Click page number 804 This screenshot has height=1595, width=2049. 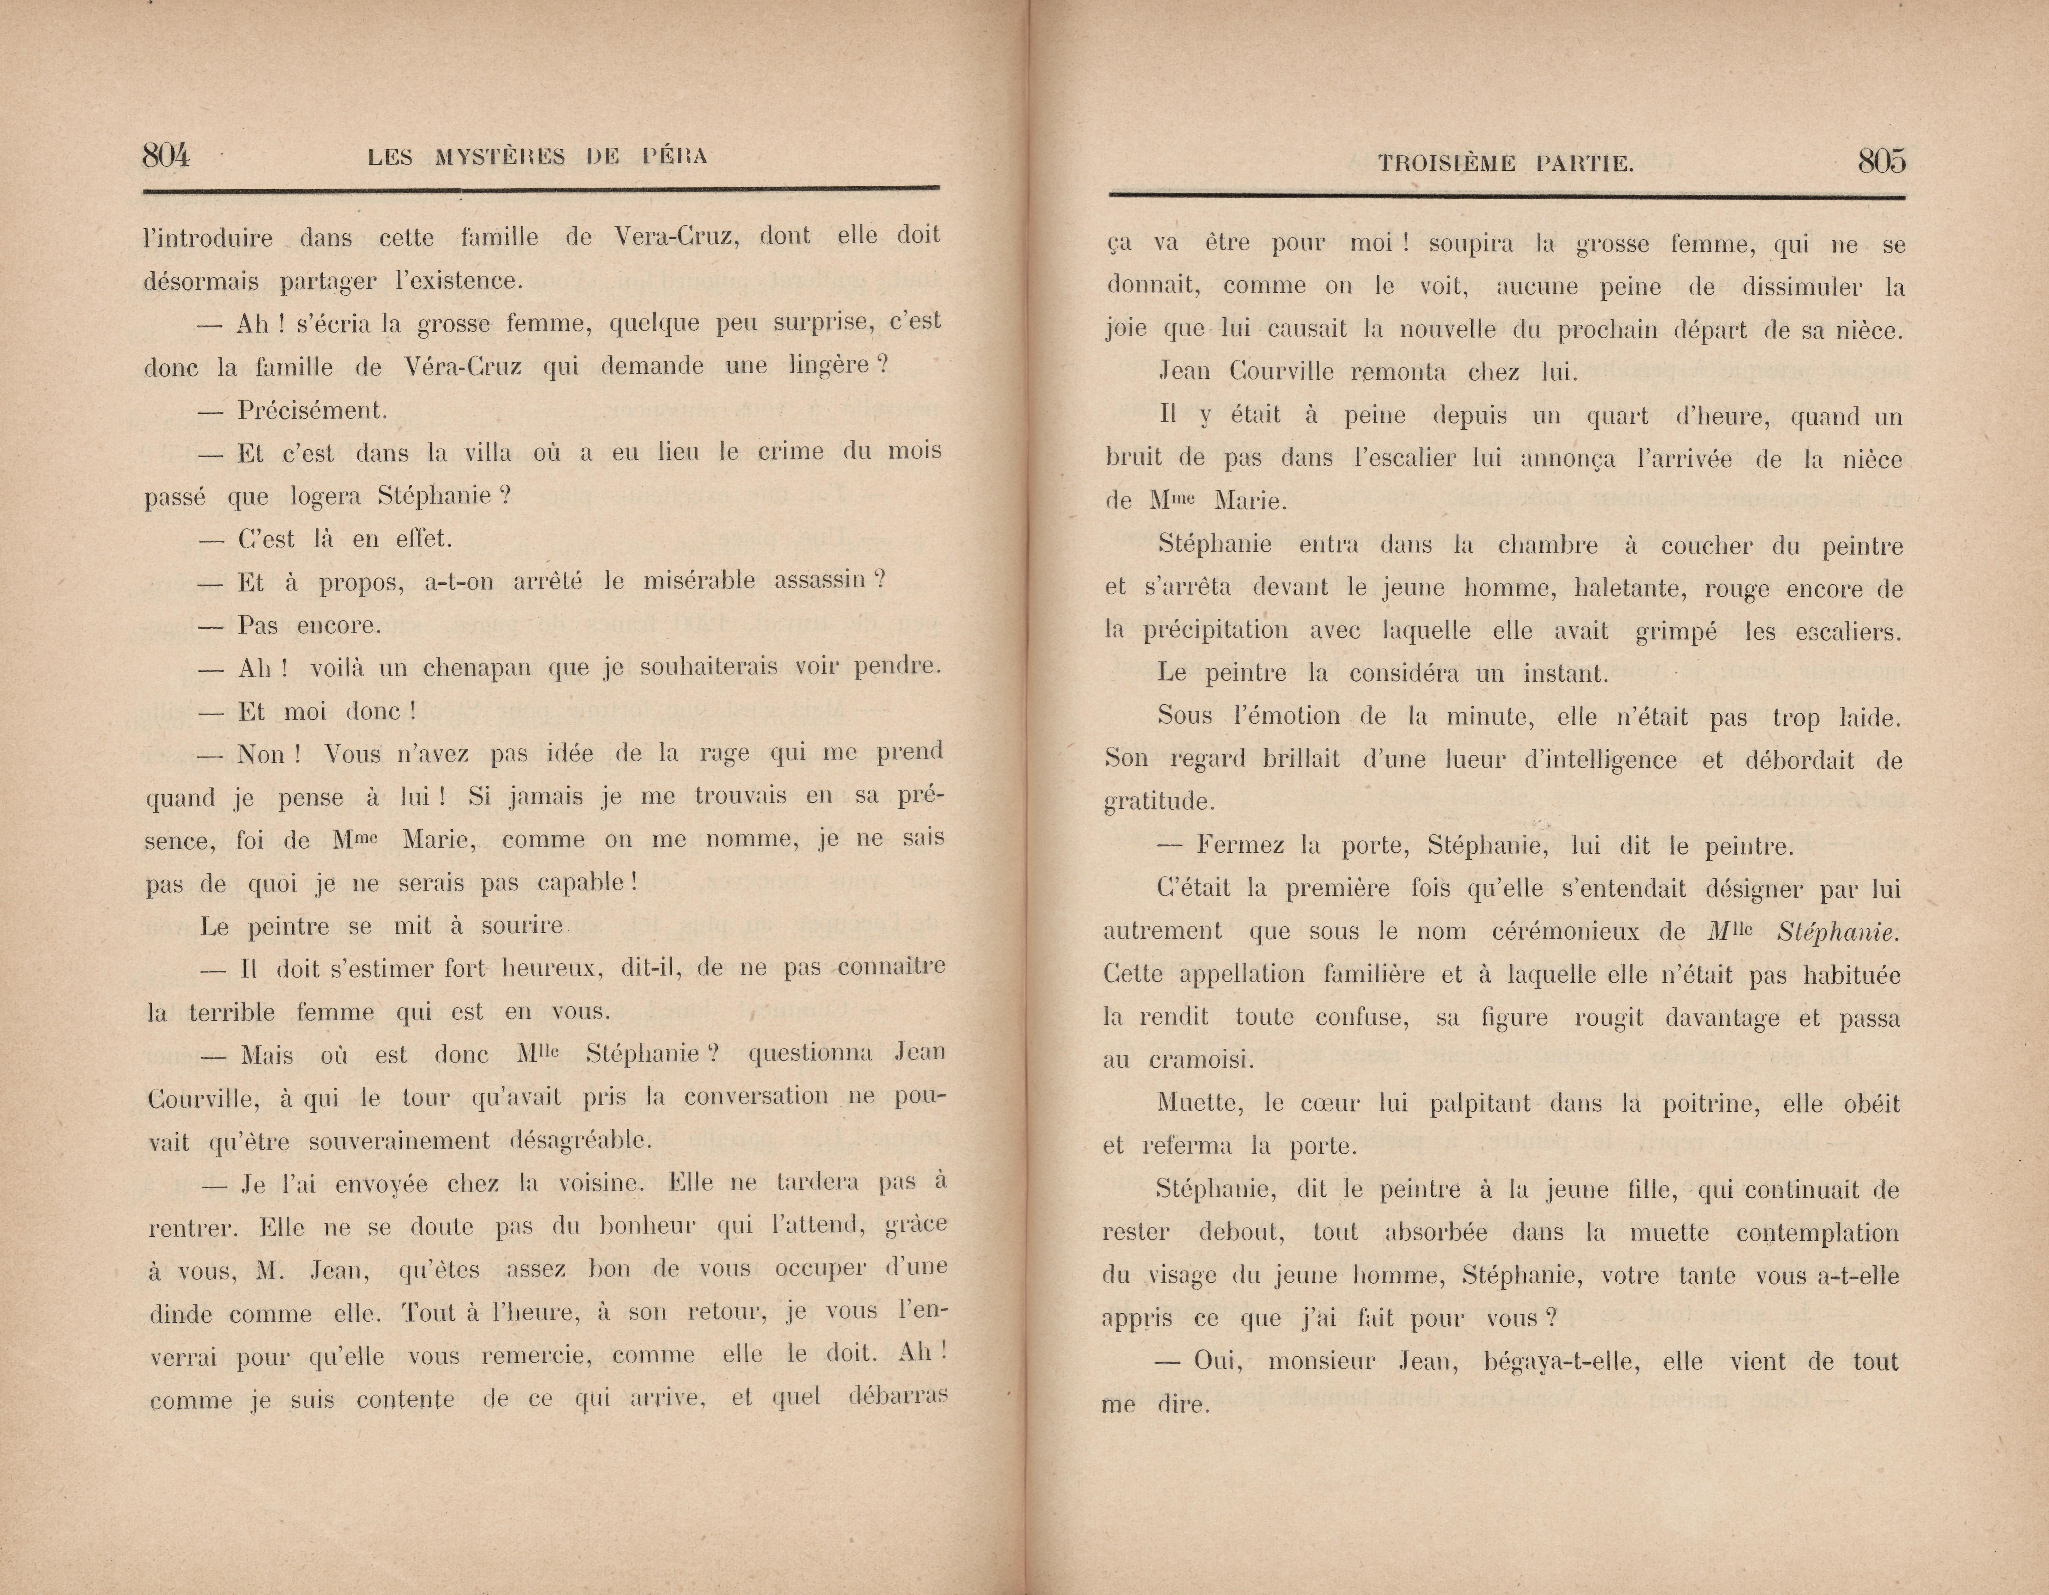click(x=166, y=156)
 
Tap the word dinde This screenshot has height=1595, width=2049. click(x=180, y=1313)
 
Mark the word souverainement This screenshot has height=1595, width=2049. click(x=399, y=1141)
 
